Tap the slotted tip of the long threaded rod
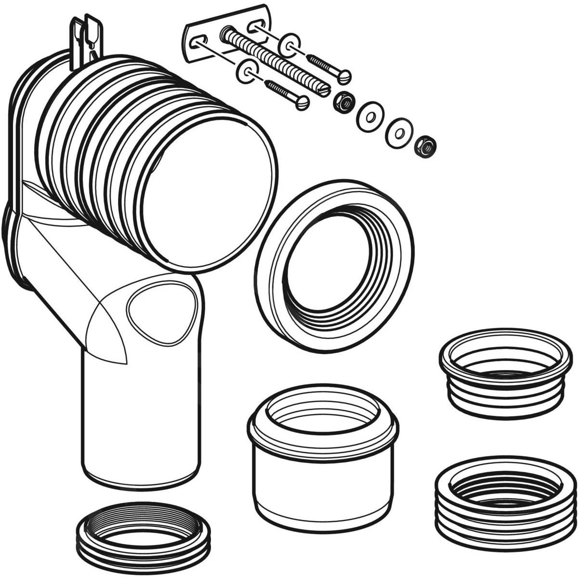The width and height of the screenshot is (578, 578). (x=325, y=90)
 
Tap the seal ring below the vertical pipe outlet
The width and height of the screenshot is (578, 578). (x=144, y=532)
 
